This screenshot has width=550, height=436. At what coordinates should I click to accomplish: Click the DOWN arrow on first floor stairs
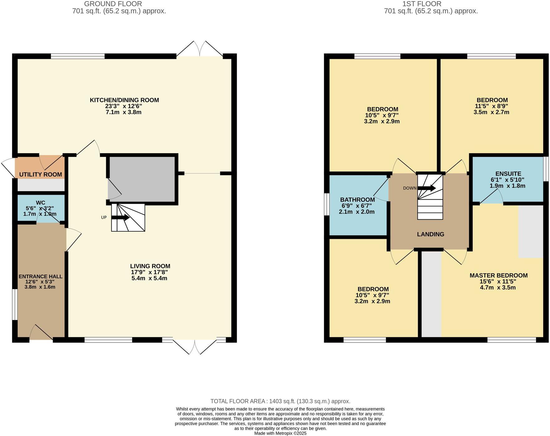coord(426,188)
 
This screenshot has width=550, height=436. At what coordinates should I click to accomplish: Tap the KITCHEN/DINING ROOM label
coord(124,100)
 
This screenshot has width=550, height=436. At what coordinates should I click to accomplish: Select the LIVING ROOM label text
coord(150,266)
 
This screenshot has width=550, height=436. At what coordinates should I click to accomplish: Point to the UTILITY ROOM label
coord(41,174)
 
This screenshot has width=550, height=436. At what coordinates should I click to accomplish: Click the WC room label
coord(41,203)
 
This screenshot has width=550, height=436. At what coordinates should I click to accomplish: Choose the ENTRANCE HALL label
coord(41,277)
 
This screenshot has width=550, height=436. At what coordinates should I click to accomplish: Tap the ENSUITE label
coord(508,174)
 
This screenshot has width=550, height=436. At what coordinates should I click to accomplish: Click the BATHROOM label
coord(357,200)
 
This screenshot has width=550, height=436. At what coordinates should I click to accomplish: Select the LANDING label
coord(430,234)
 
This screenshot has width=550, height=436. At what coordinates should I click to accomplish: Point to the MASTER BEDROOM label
coord(498,275)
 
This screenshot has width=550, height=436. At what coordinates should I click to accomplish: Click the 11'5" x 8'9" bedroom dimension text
coord(491,106)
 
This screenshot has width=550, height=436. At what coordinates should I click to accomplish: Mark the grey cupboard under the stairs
coord(142,179)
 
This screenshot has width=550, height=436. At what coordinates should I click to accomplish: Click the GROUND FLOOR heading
coord(113,4)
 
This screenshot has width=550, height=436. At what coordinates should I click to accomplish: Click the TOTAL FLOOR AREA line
coord(280,401)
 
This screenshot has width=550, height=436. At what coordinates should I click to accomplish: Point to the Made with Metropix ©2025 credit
coord(280,433)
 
